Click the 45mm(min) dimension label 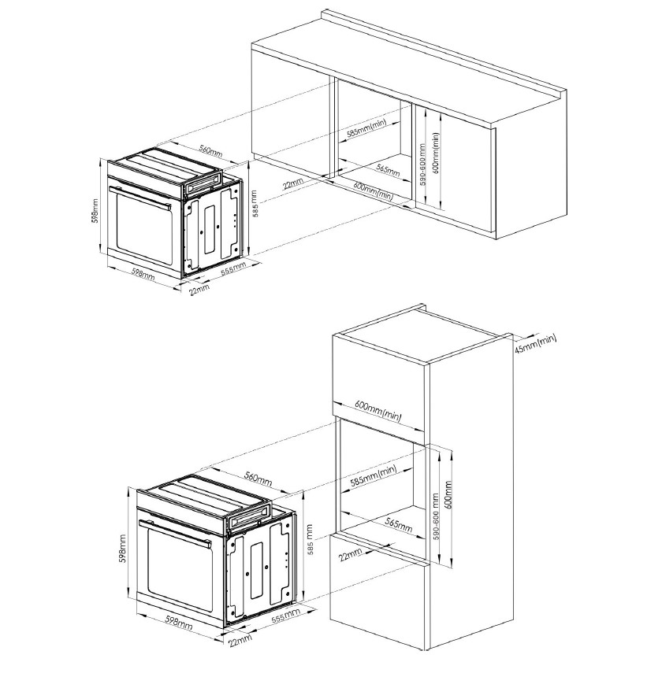[x=535, y=343]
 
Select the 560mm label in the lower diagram [x=258, y=479]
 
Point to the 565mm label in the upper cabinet [x=389, y=170]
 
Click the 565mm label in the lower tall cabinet [x=399, y=525]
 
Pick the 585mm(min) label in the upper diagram [x=366, y=128]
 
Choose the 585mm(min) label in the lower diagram [x=374, y=475]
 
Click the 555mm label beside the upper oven [x=233, y=268]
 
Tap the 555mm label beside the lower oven [x=286, y=616]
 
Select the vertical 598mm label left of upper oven [x=96, y=210]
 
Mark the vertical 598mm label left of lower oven [x=123, y=549]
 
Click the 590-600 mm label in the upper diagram [x=422, y=165]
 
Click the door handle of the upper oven [x=140, y=198]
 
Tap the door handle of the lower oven [x=175, y=533]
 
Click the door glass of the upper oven [x=144, y=231]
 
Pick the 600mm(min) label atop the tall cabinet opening [x=378, y=411]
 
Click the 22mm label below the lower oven [x=240, y=641]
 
